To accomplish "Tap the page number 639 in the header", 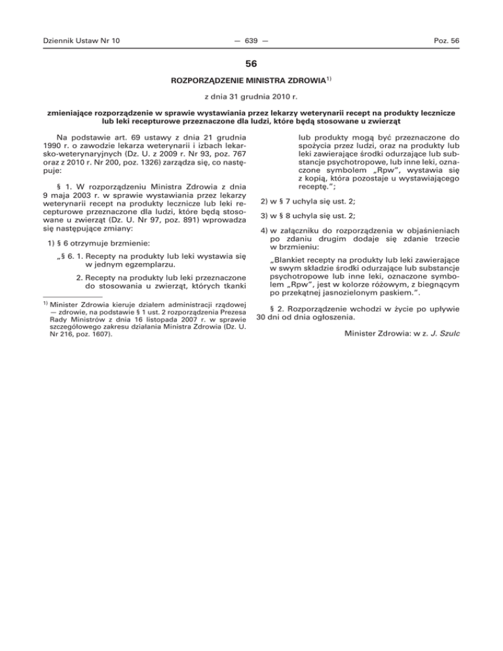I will point(251,41).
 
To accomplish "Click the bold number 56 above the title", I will point(251,65).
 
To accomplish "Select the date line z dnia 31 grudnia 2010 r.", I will point(251,98).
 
